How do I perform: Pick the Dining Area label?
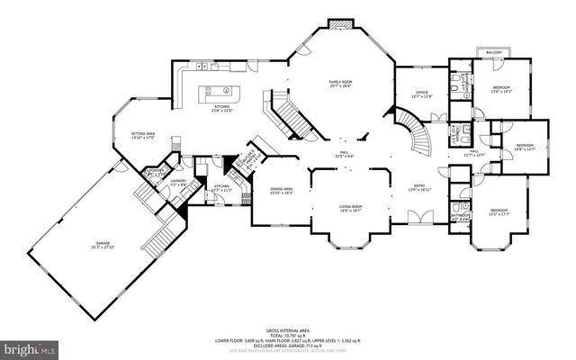[282, 189]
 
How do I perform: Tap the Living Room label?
[351, 207]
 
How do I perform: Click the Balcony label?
[493, 53]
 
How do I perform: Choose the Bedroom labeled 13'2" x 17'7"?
[499, 212]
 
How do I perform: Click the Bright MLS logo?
[30, 346]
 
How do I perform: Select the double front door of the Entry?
[417, 219]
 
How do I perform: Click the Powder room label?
[154, 170]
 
